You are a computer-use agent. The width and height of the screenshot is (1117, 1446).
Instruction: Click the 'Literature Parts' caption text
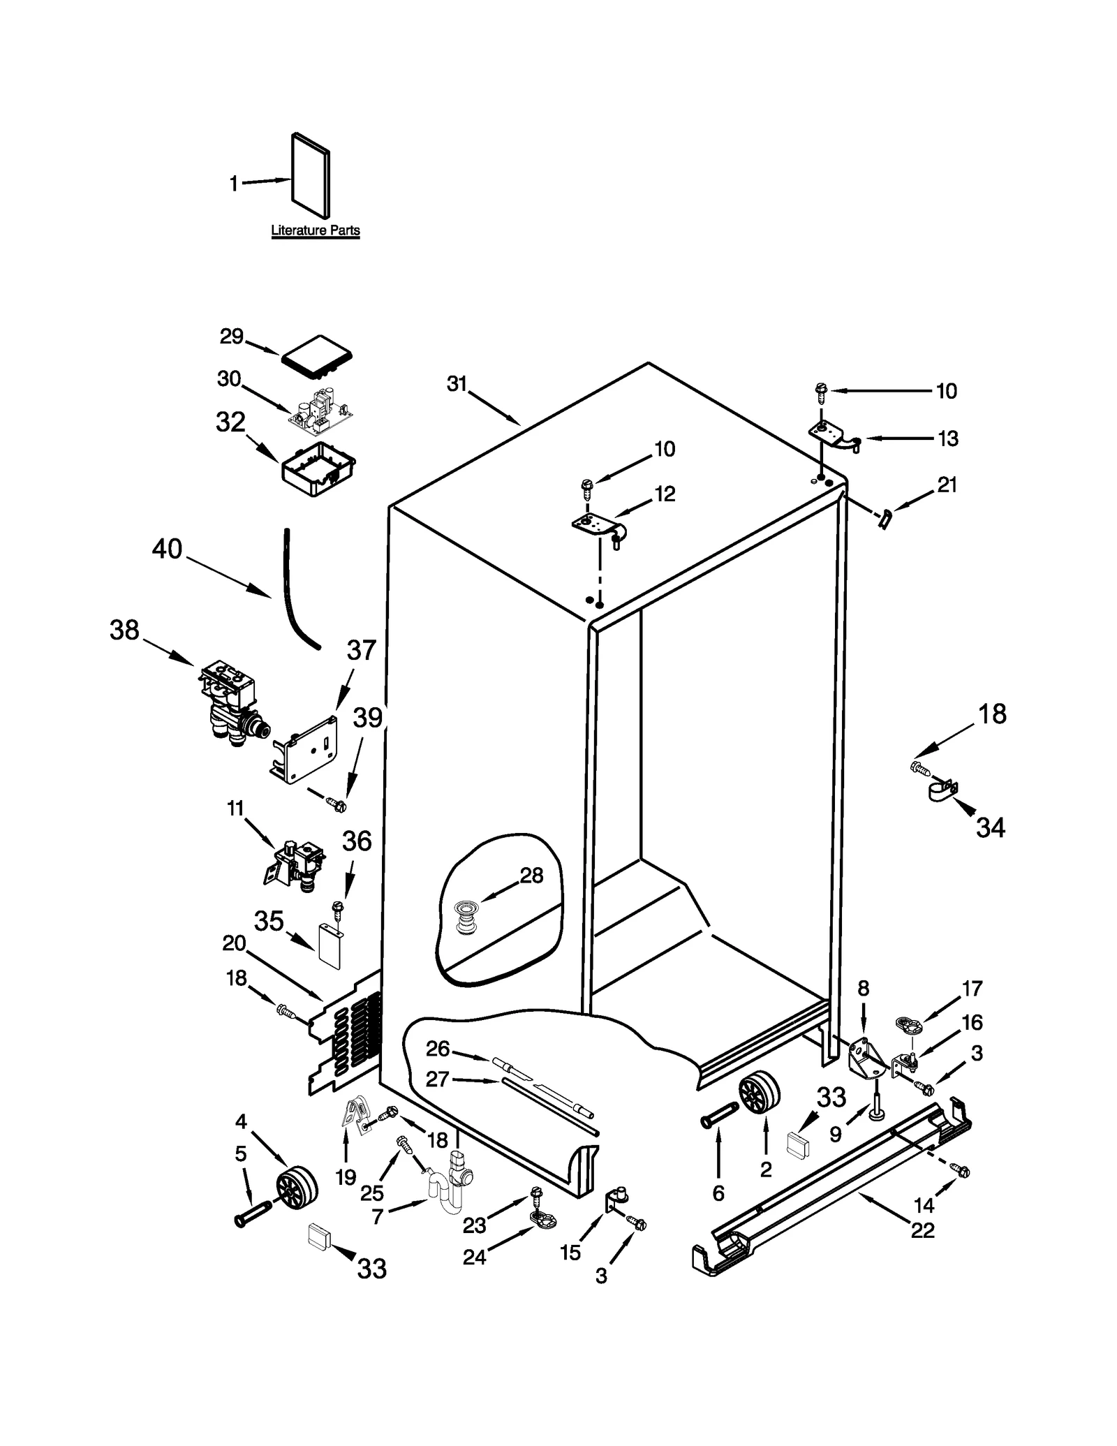pos(315,230)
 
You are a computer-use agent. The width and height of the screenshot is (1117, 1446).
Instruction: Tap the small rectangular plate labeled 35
pos(329,946)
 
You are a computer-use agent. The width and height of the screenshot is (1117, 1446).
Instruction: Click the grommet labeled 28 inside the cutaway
pos(464,918)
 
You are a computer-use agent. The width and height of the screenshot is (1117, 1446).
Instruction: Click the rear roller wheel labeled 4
pos(296,1188)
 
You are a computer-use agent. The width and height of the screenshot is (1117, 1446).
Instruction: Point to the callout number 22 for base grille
pos(922,1230)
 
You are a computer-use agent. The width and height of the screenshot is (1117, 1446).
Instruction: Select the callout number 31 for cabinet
pos(457,384)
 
